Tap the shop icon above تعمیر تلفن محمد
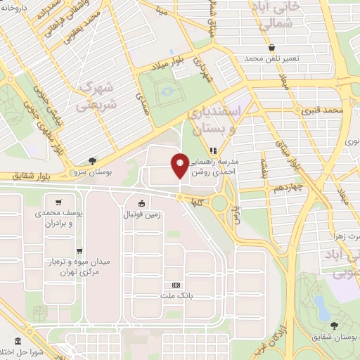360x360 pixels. click(271, 46)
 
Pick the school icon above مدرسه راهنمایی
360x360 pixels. click(214, 148)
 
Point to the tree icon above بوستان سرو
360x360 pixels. click(93, 160)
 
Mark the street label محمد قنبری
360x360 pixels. click(323, 110)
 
